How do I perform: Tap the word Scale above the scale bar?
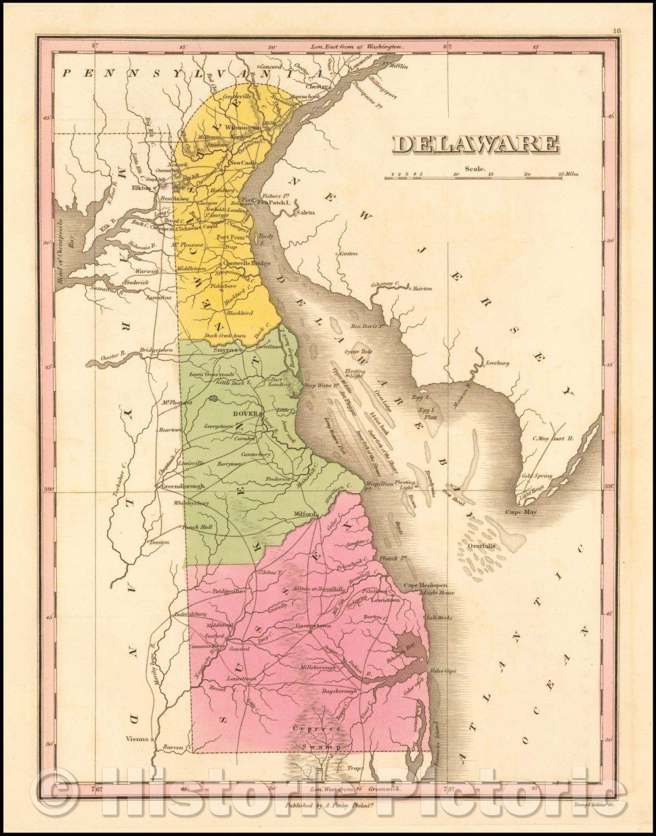point(477,169)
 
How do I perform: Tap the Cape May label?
point(520,512)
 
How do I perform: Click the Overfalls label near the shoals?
point(481,546)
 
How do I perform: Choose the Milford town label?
point(305,513)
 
